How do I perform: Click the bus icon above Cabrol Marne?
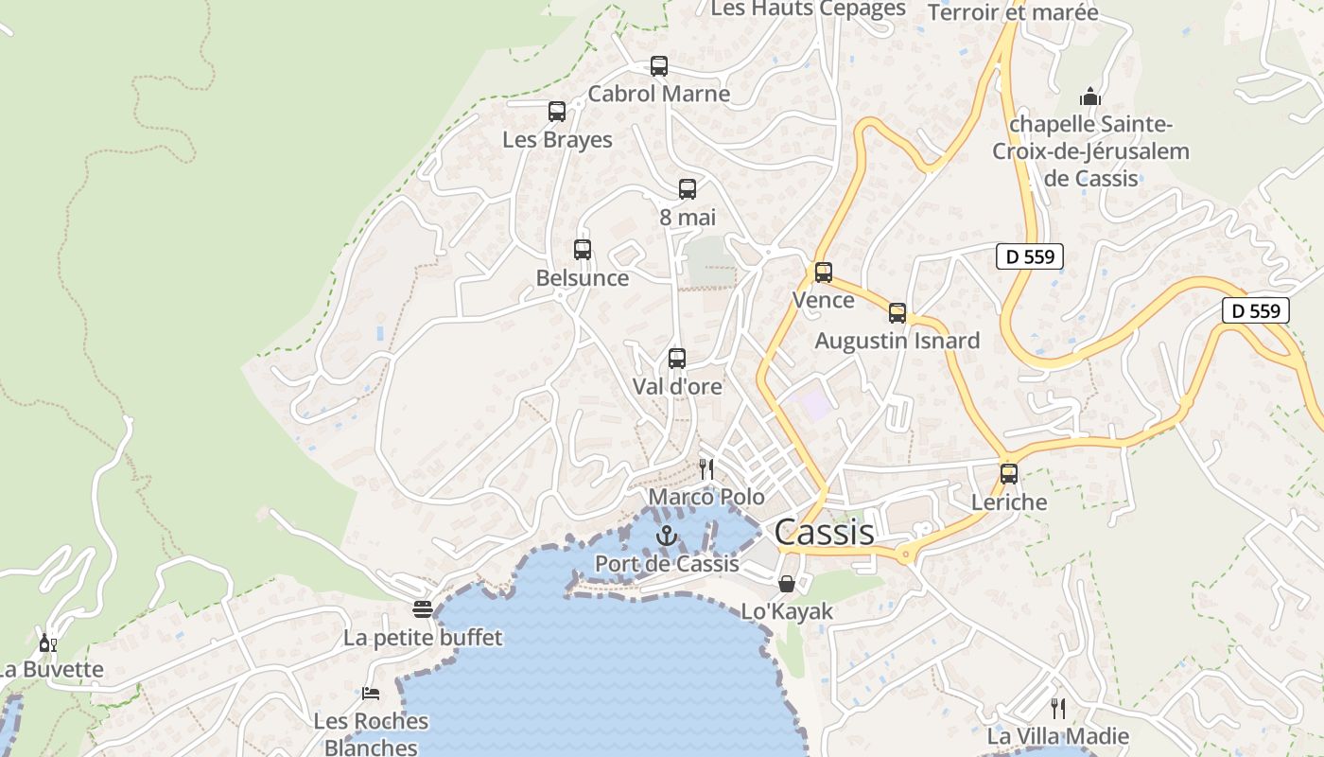click(659, 66)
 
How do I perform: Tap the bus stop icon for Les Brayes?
click(557, 112)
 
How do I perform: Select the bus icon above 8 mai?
click(688, 189)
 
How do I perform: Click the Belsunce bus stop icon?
click(583, 250)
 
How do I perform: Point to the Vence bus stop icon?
click(824, 273)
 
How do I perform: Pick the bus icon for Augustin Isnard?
click(897, 313)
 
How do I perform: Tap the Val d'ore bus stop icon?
click(677, 359)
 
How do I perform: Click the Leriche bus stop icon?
click(1009, 474)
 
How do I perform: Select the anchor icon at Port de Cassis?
click(667, 536)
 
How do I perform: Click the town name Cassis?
click(825, 533)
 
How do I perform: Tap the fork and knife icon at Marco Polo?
click(706, 468)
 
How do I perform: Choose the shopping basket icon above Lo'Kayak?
click(787, 584)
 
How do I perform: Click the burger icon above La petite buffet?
click(423, 609)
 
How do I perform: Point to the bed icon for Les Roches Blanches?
click(371, 694)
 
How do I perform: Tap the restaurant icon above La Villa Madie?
click(1058, 708)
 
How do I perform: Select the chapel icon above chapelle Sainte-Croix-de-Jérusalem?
click(1090, 97)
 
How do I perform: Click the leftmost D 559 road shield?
click(1030, 256)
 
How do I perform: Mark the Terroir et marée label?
click(1013, 12)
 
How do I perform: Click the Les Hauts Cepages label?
click(808, 9)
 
